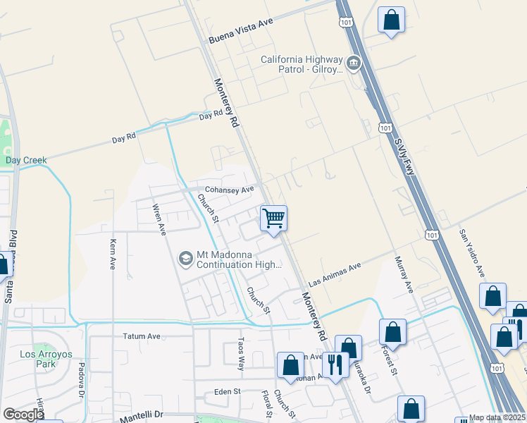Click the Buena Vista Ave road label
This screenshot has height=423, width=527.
240,32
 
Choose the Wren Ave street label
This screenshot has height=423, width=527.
160,219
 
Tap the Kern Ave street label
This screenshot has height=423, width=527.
113,255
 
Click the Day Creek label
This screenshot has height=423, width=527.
26,161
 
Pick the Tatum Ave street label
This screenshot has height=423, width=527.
142,336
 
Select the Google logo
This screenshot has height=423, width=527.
23,415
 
